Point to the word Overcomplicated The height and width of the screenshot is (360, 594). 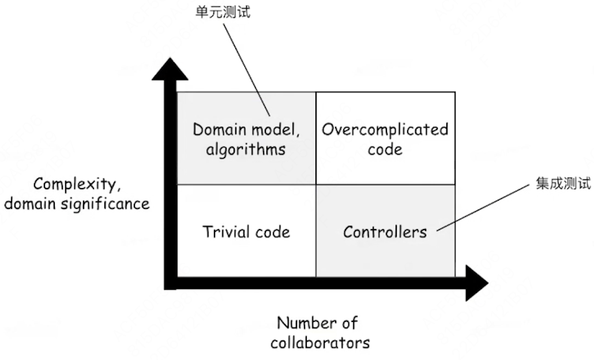point(385,129)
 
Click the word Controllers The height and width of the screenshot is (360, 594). point(385,232)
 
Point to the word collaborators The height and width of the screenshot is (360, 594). point(320,342)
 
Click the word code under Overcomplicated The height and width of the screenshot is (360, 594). point(385,149)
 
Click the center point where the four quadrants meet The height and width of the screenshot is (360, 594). point(316,185)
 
